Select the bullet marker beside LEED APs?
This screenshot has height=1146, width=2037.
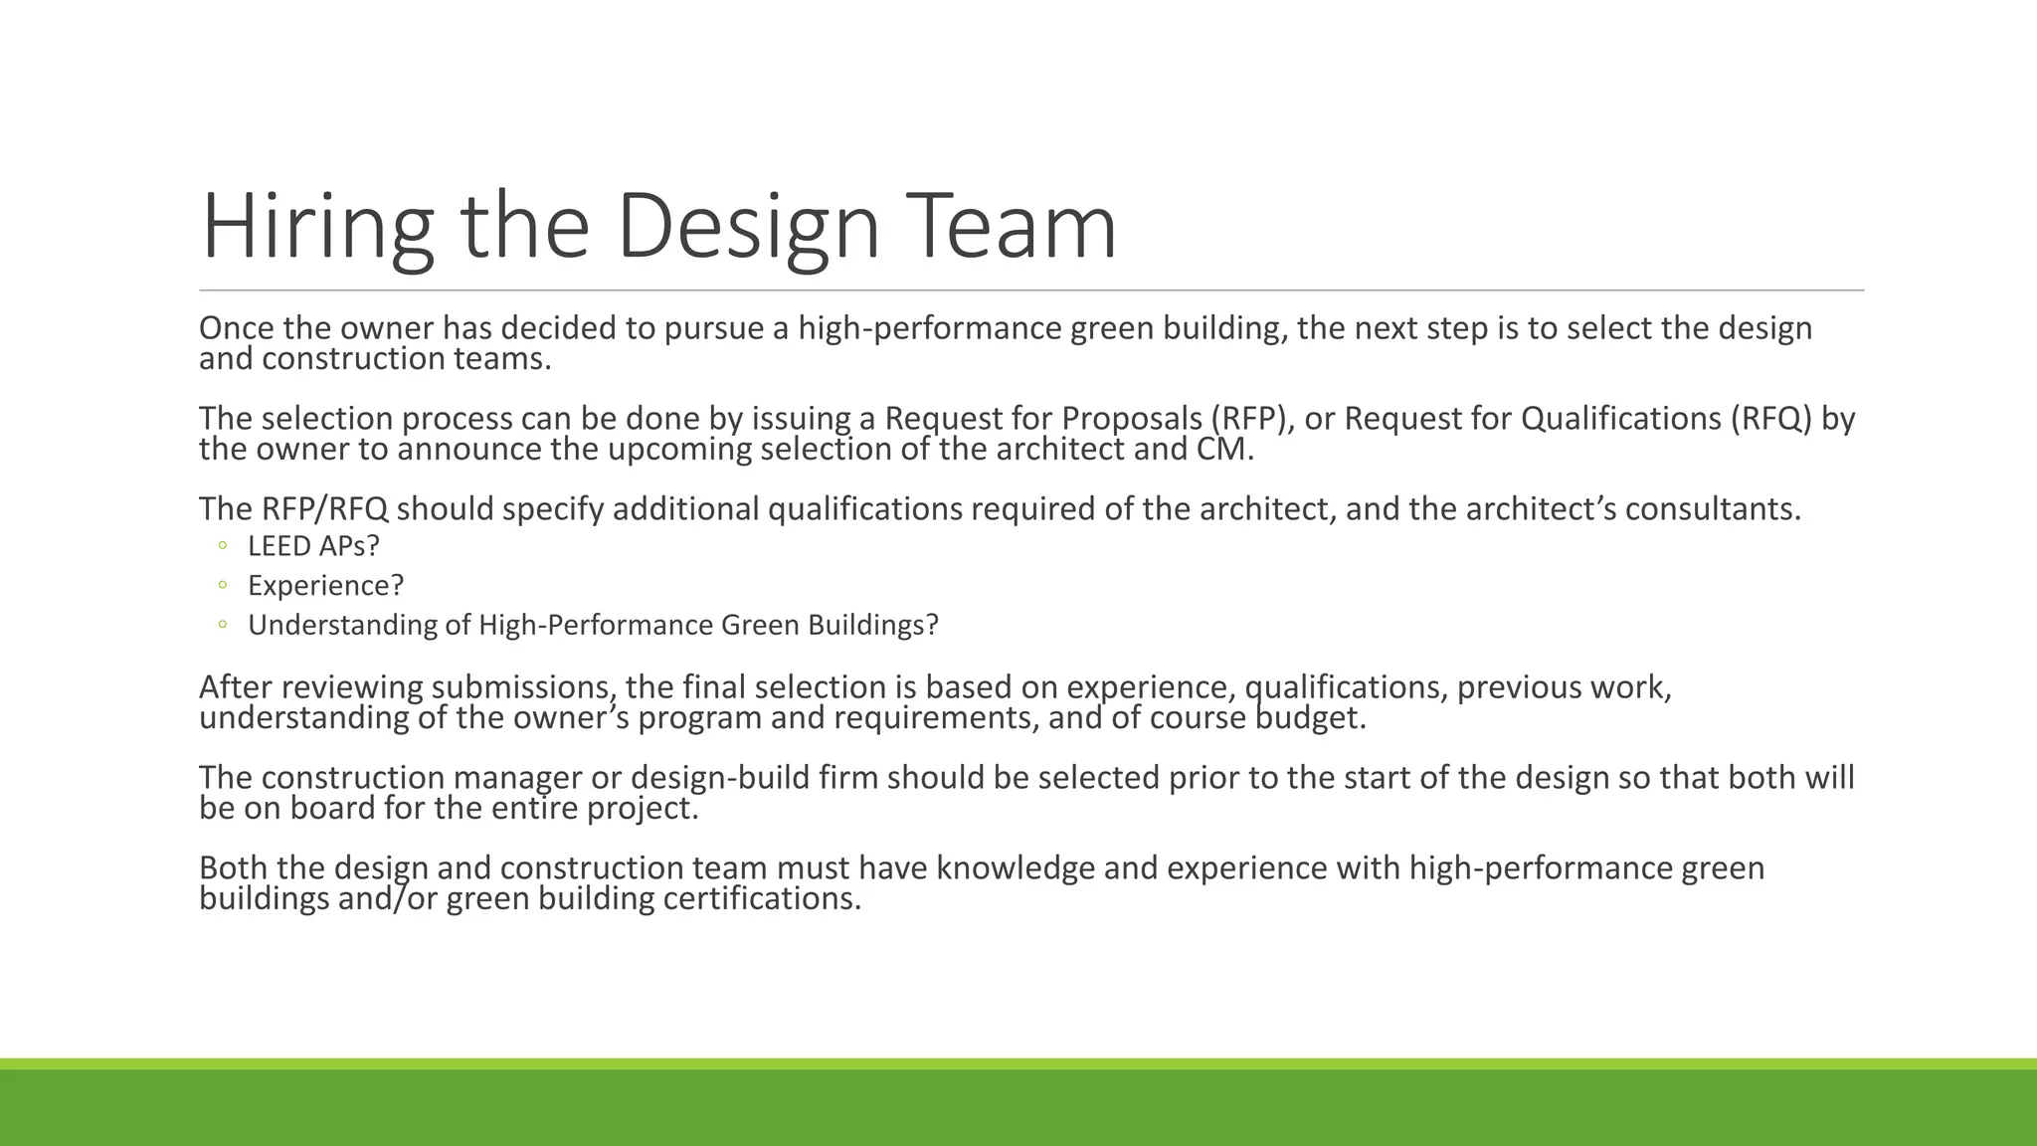pyautogui.click(x=223, y=545)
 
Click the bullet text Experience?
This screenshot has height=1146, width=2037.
pyautogui.click(x=325, y=586)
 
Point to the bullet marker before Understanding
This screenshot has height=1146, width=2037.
pyautogui.click(x=223, y=625)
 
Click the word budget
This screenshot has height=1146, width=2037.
pyautogui.click(x=1309, y=718)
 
